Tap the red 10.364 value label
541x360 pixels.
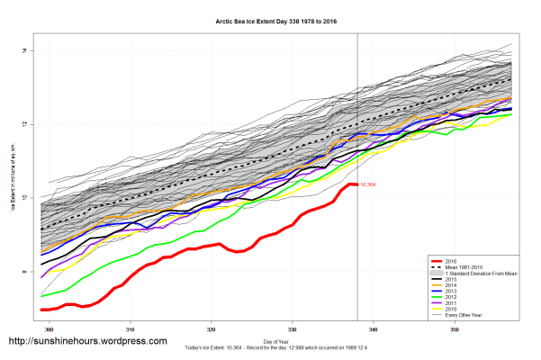[367, 184]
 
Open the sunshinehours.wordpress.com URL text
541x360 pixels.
[88, 342]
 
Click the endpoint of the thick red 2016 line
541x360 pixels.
[356, 184]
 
